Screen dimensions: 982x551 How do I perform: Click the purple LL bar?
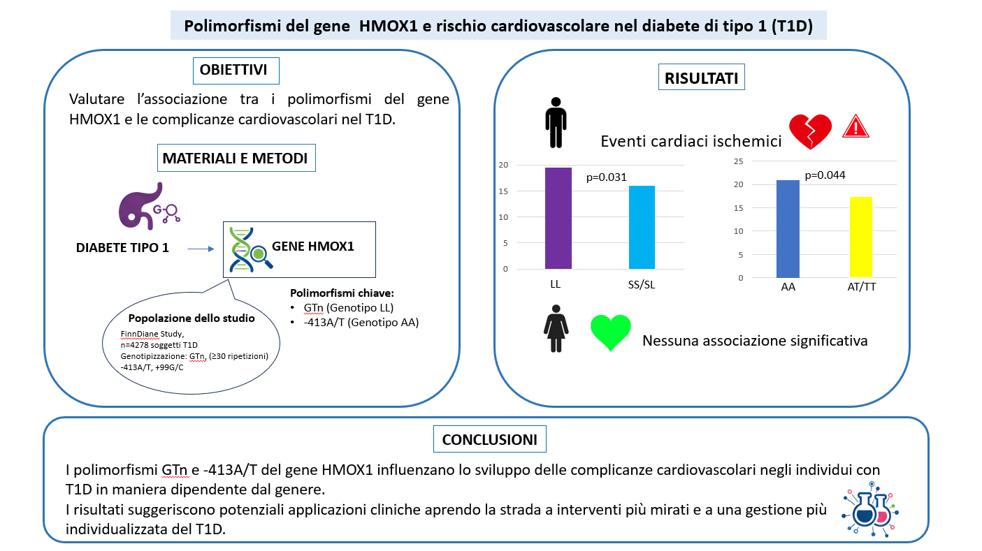click(x=558, y=218)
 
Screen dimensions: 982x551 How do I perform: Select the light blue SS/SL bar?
click(x=642, y=228)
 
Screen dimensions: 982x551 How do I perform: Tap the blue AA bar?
click(x=788, y=229)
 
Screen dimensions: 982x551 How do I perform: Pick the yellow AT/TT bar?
click(x=861, y=237)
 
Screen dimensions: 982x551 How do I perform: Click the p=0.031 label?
click(x=606, y=177)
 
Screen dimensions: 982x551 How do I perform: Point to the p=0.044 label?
click(x=825, y=175)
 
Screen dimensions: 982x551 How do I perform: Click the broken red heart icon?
click(x=810, y=131)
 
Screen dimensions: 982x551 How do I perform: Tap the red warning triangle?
click(x=855, y=126)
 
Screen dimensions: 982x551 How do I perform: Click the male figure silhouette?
click(x=556, y=123)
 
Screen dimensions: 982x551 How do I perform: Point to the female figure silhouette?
click(x=556, y=328)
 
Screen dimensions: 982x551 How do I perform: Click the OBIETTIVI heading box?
click(x=236, y=71)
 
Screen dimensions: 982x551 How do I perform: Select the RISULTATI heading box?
click(x=702, y=77)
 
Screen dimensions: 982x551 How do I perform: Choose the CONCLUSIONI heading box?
click(x=490, y=439)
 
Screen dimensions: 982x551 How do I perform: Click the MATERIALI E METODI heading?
click(x=236, y=158)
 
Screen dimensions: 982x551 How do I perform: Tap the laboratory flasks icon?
click(x=870, y=509)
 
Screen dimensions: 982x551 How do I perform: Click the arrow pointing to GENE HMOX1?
click(x=201, y=249)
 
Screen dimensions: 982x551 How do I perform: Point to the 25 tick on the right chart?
click(x=739, y=161)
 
